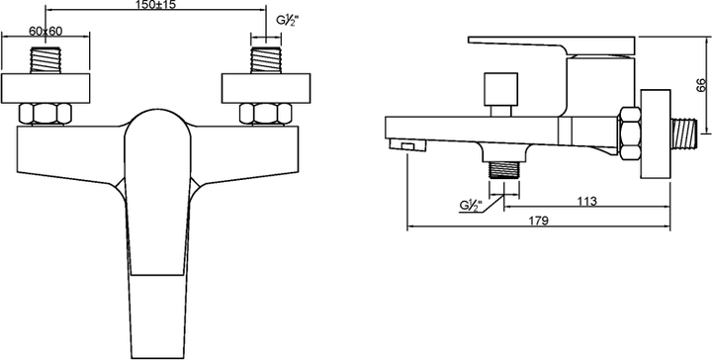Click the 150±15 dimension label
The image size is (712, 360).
click(155, 5)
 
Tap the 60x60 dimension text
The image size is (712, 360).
click(45, 31)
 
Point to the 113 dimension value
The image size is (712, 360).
click(587, 201)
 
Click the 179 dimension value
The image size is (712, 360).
click(540, 221)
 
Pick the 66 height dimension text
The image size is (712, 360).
click(701, 85)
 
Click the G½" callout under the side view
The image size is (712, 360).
click(470, 205)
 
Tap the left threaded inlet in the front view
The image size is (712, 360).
click(45, 60)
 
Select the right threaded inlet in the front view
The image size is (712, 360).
click(266, 60)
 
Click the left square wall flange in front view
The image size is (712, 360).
click(45, 88)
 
